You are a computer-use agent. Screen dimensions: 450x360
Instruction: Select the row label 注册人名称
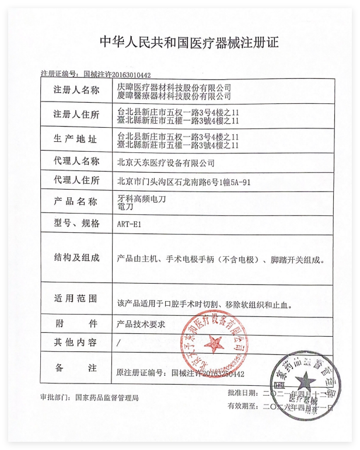coord(76,90)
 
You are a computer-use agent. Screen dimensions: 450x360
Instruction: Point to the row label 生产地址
coord(76,139)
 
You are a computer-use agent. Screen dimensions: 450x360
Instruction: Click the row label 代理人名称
coord(76,161)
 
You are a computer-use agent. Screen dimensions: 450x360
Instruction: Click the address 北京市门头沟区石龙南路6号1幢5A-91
coord(184,182)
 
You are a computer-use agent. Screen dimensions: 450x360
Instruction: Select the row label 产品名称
coord(76,201)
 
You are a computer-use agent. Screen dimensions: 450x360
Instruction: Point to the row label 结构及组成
coord(76,257)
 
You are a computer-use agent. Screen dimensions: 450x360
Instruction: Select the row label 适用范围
coord(76,299)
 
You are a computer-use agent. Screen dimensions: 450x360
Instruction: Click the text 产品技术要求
coord(142,323)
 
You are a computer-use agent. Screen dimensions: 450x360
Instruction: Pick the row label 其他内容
coord(76,343)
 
